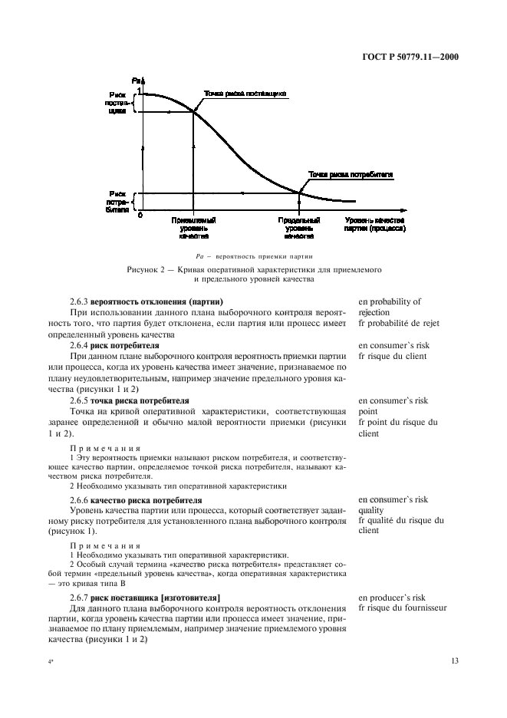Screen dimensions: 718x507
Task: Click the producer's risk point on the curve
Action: (193, 112)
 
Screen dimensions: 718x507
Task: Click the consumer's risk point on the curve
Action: (299, 193)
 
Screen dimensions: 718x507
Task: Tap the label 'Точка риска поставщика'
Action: (245, 94)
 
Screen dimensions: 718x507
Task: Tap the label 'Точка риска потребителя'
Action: (351, 174)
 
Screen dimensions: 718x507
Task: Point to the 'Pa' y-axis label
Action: (137, 81)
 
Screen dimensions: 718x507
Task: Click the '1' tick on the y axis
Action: (139, 91)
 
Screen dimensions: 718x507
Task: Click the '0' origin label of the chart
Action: (140, 215)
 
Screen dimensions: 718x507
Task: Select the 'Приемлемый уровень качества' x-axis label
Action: (193, 228)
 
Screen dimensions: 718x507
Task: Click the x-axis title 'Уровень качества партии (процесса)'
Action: (374, 224)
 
